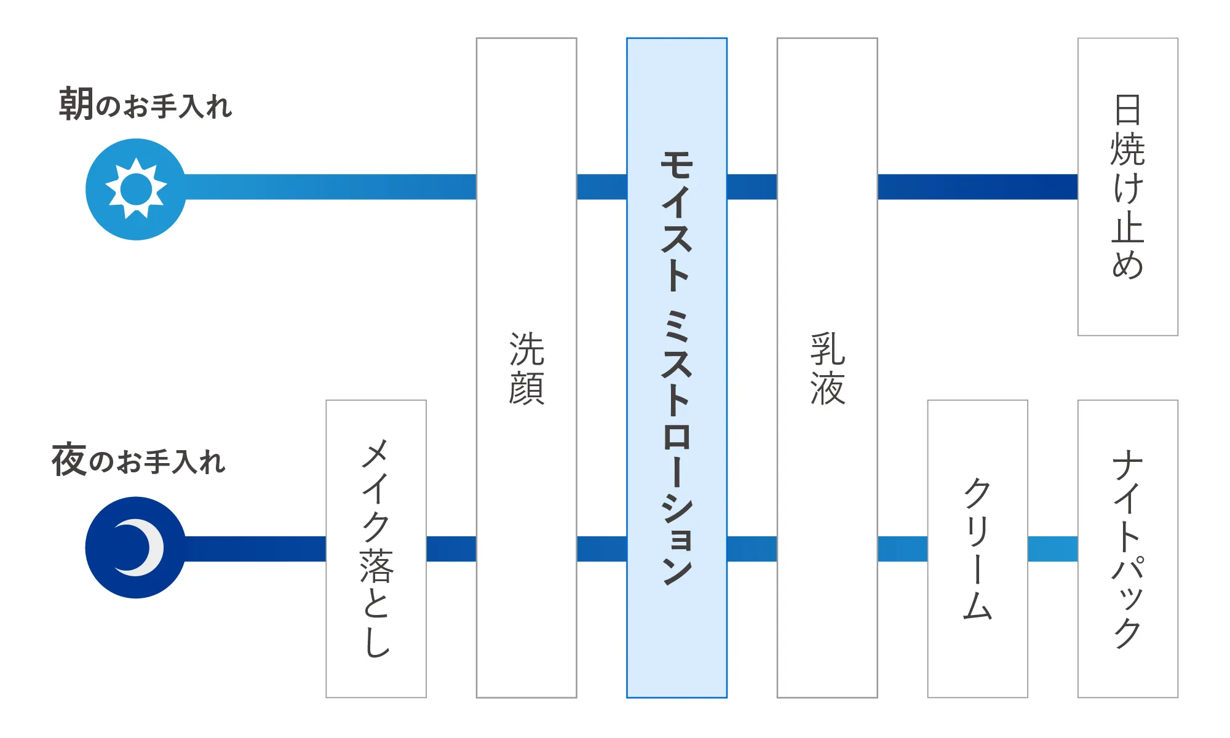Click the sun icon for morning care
click(136, 189)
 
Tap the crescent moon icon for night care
click(136, 547)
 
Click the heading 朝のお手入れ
click(145, 104)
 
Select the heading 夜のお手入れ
click(139, 459)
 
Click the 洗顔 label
click(526, 368)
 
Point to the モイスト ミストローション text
click(676, 367)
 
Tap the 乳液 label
click(827, 368)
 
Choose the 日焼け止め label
click(1128, 187)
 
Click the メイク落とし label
click(376, 549)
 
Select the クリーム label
click(977, 549)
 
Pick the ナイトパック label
click(1128, 549)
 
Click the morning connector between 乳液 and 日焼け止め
click(978, 187)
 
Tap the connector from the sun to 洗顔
click(330, 187)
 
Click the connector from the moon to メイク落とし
click(255, 549)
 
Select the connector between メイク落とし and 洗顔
click(451, 549)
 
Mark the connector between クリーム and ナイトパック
click(1053, 549)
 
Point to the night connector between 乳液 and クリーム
click(902, 549)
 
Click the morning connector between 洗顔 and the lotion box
click(601, 187)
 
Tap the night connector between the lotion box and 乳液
click(752, 549)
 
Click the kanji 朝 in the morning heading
click(76, 104)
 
